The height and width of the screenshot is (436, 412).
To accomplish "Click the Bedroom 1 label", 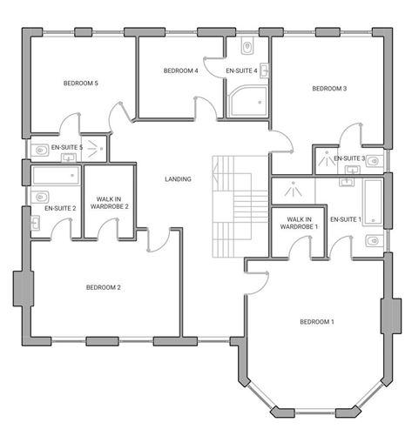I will pos(316,321).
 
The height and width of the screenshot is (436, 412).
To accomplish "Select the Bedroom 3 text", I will pos(329,88).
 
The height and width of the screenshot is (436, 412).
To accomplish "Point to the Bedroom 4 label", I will pos(181,70).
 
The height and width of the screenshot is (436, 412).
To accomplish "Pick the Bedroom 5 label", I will pos(80,83).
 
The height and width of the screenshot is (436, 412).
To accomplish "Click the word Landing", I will pos(179,179).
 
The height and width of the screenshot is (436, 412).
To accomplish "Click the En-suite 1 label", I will pos(345,218).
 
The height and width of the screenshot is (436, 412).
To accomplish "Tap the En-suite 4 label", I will pos(241,70).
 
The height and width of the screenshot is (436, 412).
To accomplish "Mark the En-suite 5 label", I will pos(66,148).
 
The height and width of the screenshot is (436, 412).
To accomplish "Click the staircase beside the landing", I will pos(232,205).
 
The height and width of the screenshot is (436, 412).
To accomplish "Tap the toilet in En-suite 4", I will pos(247,46).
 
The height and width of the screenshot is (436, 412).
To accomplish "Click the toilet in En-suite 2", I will pos(40,198).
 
